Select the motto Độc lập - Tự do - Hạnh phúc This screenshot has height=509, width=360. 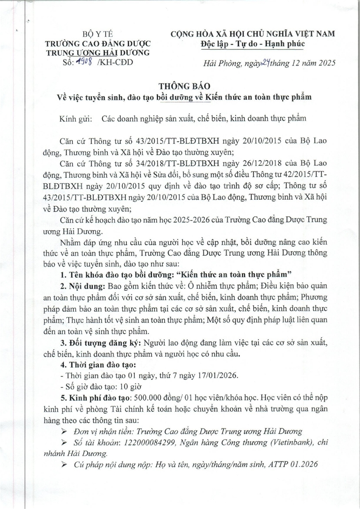(252, 44)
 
